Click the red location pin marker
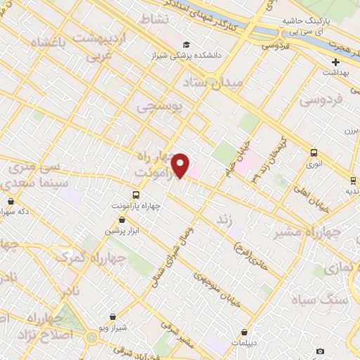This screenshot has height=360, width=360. [181, 165]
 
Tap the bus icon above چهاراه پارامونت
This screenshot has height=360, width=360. [135, 195]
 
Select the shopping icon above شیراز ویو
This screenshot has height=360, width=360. [113, 317]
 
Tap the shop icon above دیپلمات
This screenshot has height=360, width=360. [244, 332]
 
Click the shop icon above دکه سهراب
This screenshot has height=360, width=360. [11, 201]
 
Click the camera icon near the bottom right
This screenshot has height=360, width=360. [321, 351]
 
